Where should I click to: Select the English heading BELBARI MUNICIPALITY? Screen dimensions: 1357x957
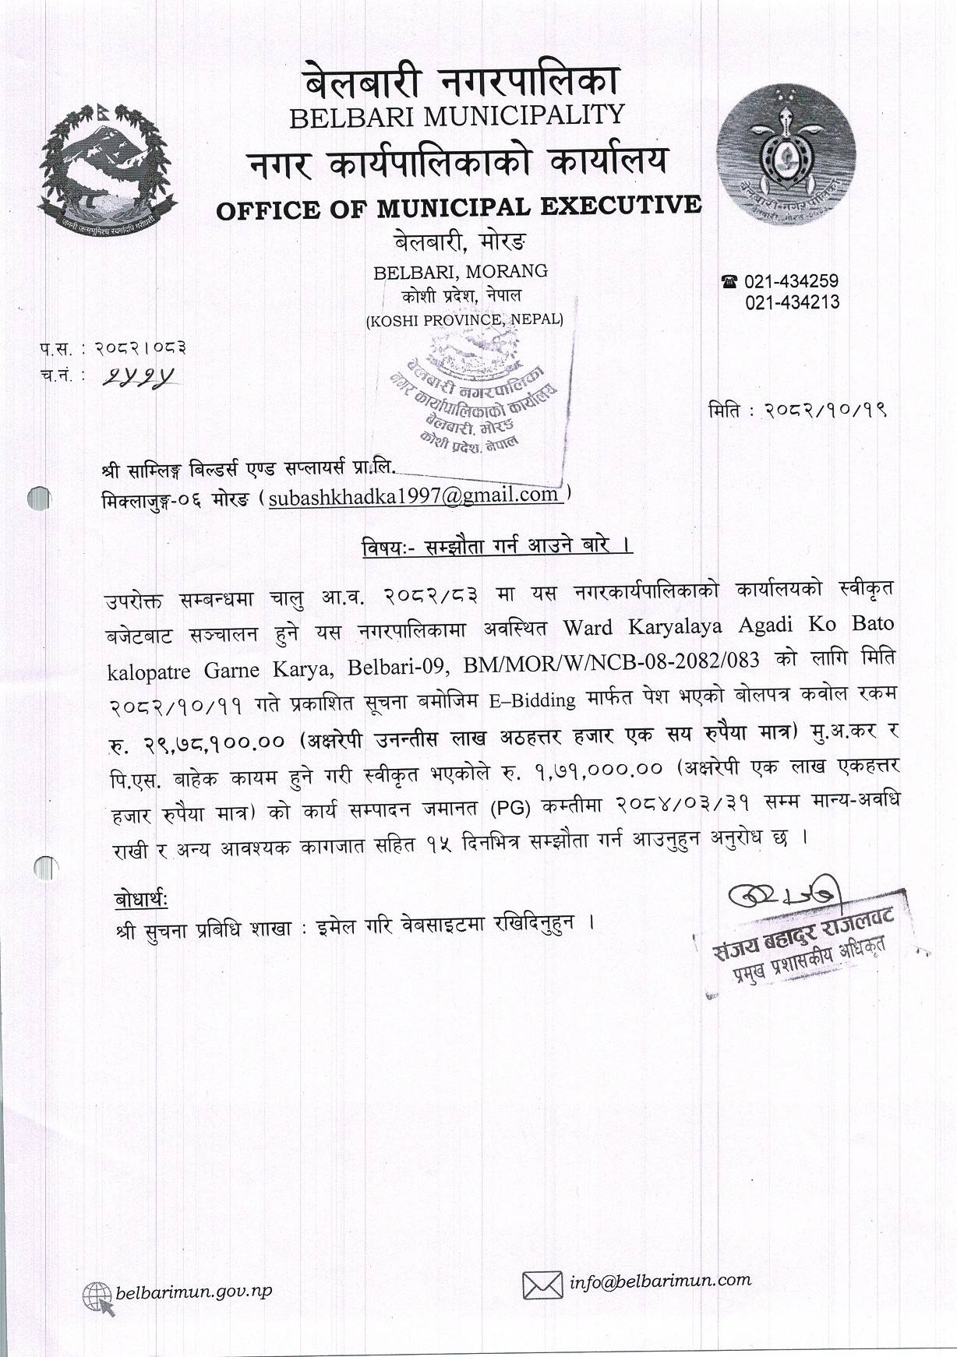pos(457,116)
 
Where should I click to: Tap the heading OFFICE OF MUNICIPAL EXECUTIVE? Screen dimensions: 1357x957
pos(458,206)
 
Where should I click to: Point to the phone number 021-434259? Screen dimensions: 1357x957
pos(792,281)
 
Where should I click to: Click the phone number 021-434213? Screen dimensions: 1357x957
pos(792,302)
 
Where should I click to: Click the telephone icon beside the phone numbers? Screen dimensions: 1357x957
pos(730,281)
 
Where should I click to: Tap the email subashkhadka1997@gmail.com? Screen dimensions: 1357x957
pos(414,495)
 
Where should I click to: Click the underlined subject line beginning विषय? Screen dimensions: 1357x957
pos(496,545)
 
